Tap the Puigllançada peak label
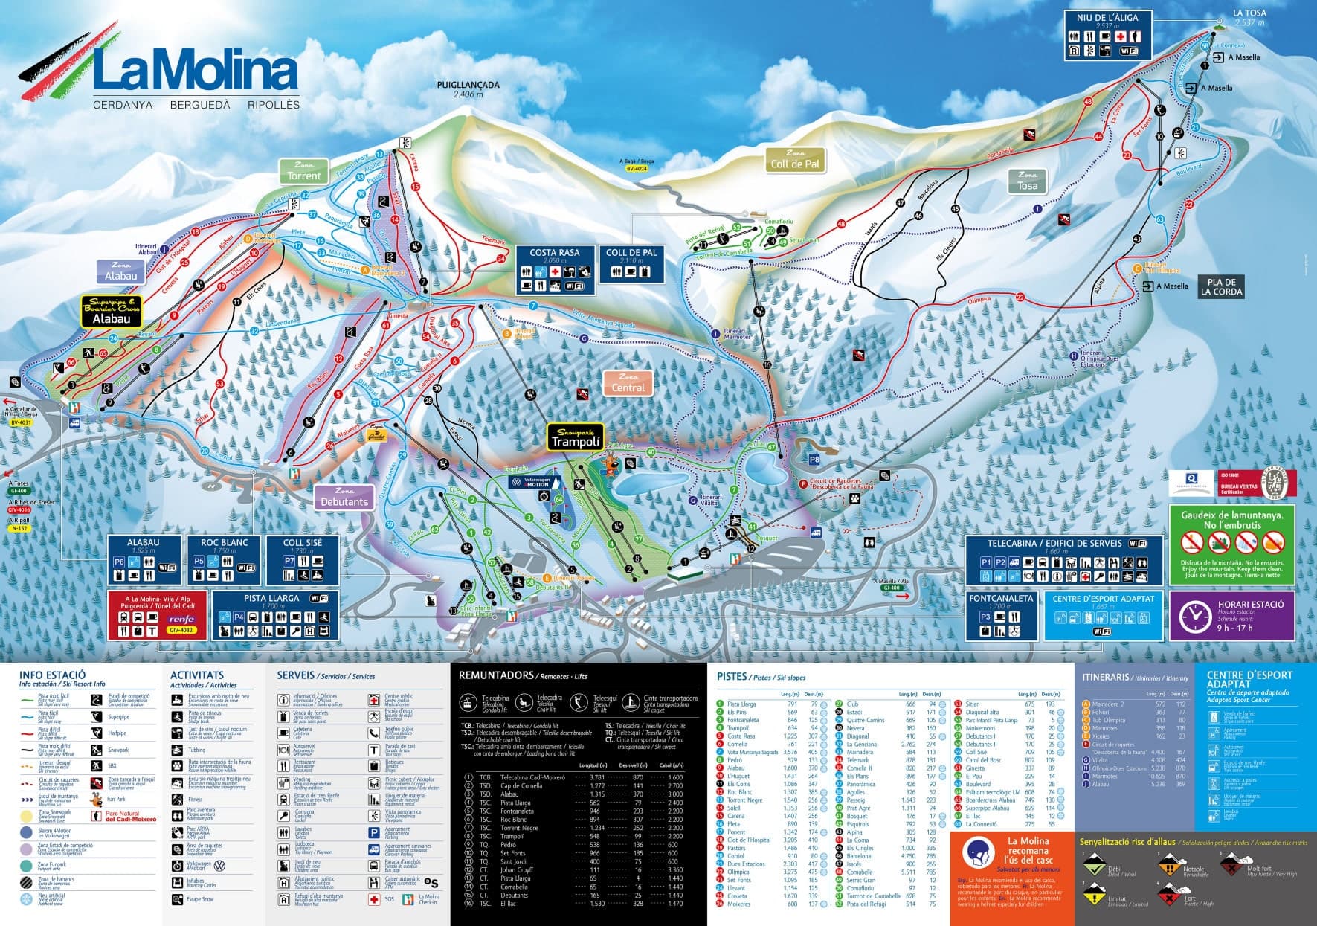click(x=468, y=89)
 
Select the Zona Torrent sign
click(x=303, y=171)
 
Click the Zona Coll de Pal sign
click(x=795, y=159)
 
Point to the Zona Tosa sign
click(x=1027, y=181)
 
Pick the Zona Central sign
click(x=628, y=383)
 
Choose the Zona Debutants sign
click(x=344, y=497)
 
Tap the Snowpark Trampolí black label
click(x=574, y=437)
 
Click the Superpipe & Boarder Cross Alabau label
click(x=111, y=311)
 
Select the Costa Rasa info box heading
click(x=555, y=253)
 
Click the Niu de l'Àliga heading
click(x=1107, y=17)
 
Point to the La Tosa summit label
click(x=1249, y=13)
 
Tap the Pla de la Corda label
click(x=1222, y=287)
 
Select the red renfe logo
click(x=181, y=619)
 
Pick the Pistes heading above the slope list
click(x=732, y=676)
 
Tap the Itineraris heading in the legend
click(x=1105, y=677)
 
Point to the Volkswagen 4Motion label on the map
click(x=529, y=483)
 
